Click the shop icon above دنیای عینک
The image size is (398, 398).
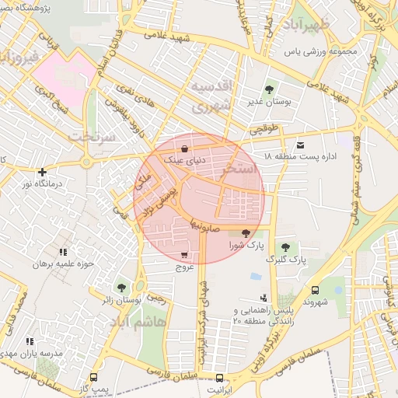(x=184, y=148)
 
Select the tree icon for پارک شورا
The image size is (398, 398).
(x=246, y=232)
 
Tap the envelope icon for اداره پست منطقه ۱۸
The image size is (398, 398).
(x=301, y=145)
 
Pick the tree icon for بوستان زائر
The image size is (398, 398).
(x=120, y=287)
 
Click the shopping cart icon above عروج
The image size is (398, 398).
(x=183, y=255)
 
